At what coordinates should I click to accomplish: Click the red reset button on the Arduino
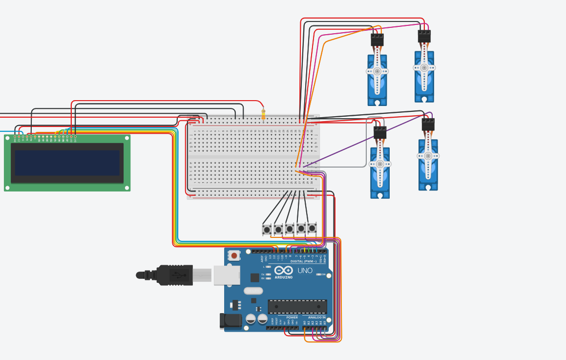pos(234,255)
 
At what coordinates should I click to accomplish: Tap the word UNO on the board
pos(305,271)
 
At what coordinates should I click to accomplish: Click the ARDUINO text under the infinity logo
pos(284,277)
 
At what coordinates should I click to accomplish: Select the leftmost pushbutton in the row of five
pos(267,229)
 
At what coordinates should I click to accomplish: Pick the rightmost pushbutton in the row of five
pos(312,228)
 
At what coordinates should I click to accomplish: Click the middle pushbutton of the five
pos(290,229)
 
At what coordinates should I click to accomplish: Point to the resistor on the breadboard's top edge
pos(264,115)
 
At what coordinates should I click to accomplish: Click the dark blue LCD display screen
pos(67,163)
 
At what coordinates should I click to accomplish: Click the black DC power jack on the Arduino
pos(230,320)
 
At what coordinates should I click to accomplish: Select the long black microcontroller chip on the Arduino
pos(297,307)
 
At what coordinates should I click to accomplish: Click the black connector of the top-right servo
pos(424,36)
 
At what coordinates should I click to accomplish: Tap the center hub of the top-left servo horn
pos(377,71)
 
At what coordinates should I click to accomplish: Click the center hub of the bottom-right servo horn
pos(428,156)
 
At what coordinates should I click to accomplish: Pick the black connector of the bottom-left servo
pos(380,132)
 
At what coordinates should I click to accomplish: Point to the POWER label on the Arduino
pos(292,318)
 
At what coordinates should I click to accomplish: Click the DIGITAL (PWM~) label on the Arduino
pos(302,261)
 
